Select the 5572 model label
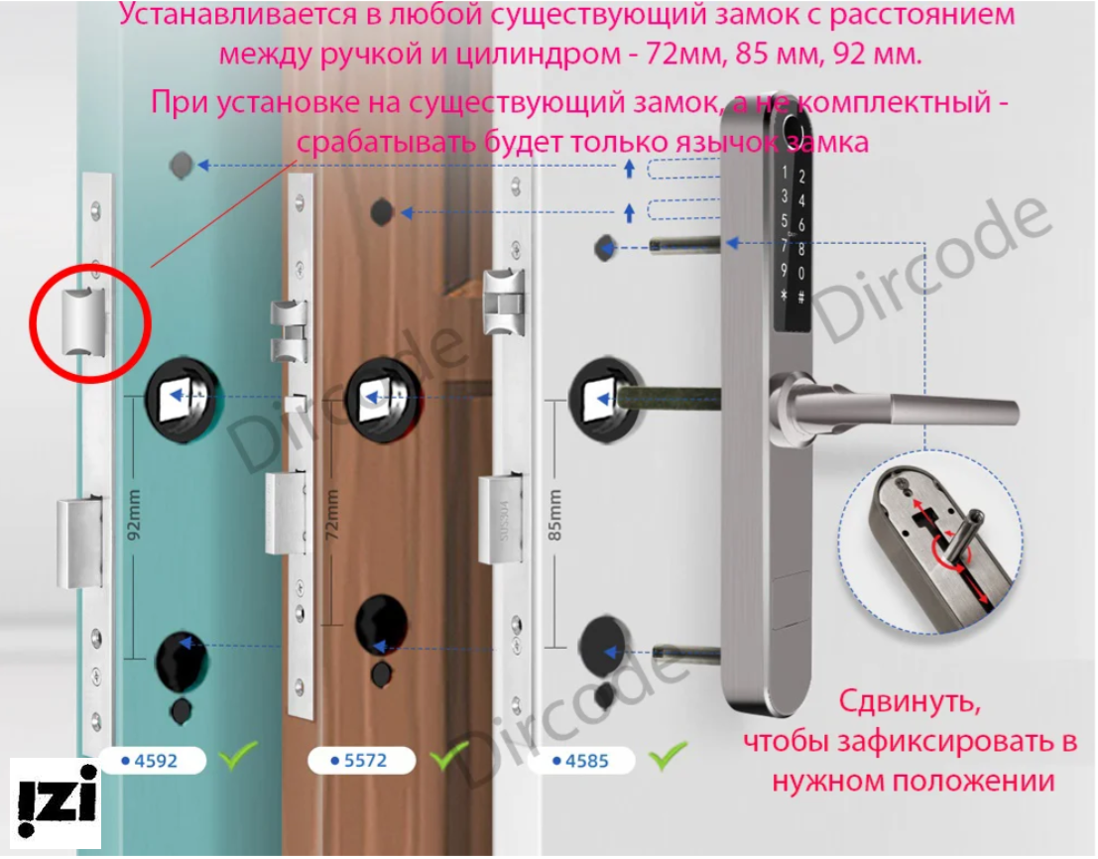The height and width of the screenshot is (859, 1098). point(360,761)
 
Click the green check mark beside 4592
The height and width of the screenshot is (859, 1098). point(238,757)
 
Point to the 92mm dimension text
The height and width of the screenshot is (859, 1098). point(135,513)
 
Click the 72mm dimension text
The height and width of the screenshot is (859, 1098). point(332,514)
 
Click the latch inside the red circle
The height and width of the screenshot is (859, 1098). point(82,321)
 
